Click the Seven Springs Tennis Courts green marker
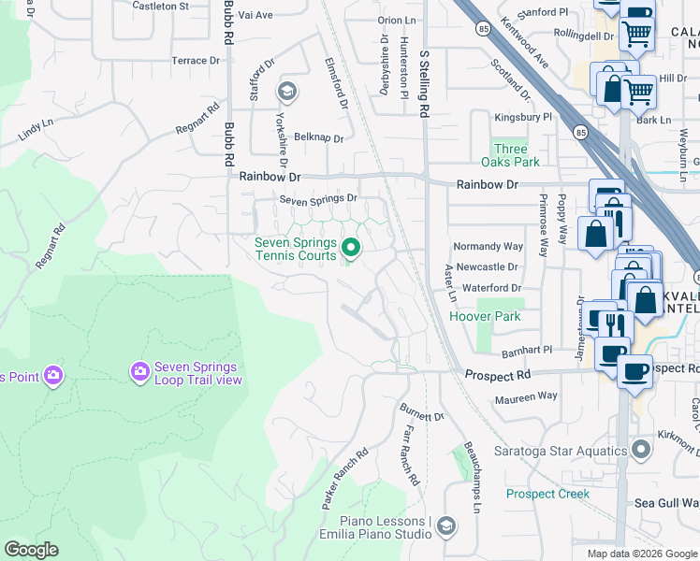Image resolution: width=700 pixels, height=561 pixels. (x=351, y=248)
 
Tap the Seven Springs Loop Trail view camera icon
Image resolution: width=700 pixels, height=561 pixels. (x=140, y=373)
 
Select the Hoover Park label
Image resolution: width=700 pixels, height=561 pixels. (x=484, y=317)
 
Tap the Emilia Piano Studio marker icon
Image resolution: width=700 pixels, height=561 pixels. (x=445, y=527)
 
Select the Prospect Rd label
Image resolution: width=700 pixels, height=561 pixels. (x=497, y=375)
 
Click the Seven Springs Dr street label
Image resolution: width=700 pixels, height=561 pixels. (x=319, y=199)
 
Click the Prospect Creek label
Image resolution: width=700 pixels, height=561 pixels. (x=547, y=494)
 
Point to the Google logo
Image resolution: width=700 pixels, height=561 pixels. (x=31, y=550)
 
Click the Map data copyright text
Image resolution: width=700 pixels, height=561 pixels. (x=642, y=554)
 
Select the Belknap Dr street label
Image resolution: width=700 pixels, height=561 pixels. (x=319, y=137)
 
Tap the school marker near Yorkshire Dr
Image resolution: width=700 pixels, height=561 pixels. (x=286, y=91)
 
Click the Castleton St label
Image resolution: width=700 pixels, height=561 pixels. (x=160, y=6)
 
